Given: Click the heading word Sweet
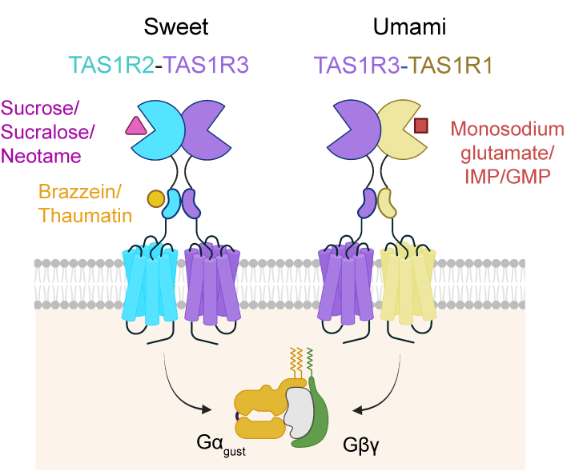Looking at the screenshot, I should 176,26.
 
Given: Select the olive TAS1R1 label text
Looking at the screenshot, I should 452,65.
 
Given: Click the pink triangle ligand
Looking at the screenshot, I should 135,125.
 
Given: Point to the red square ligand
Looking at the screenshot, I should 421,125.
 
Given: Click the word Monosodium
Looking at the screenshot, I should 506,129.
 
